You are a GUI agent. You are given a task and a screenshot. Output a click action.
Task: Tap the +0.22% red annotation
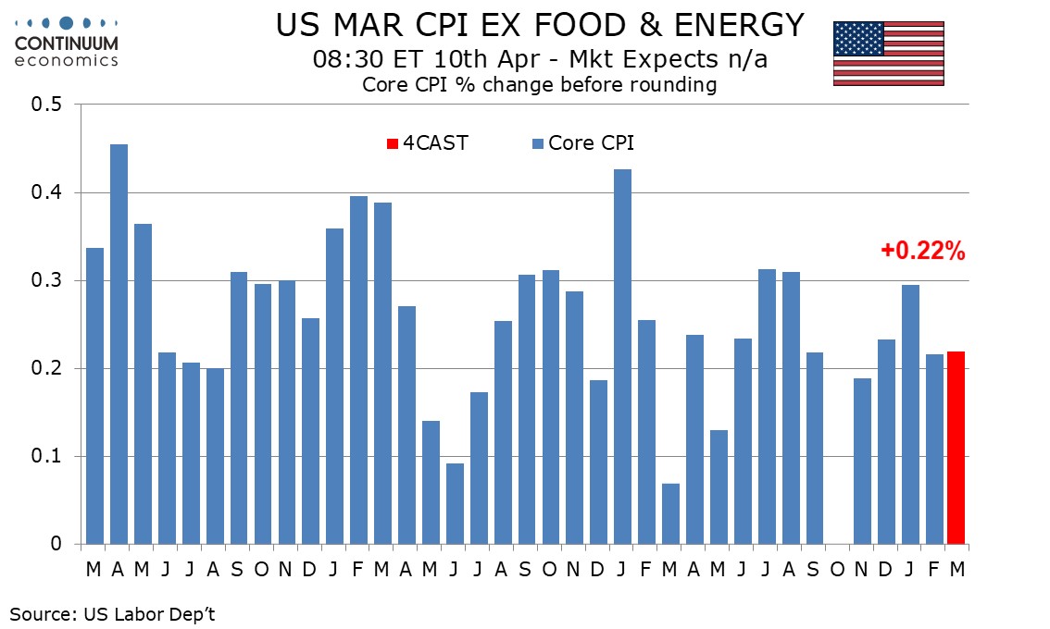pos(922,250)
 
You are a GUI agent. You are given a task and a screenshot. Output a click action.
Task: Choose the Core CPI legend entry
pos(582,143)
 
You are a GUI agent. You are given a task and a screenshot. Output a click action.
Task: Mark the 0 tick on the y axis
pos(56,545)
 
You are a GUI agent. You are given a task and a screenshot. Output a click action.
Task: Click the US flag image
pos(888,53)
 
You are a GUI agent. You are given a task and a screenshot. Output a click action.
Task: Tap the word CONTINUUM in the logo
pos(67,44)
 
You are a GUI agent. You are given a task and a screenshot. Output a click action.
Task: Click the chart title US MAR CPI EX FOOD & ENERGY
pos(540,25)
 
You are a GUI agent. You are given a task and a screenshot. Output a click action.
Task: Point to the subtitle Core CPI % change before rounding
pos(540,85)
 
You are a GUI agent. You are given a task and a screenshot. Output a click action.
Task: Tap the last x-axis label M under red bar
pos(956,569)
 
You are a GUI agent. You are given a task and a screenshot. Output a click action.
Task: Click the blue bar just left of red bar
pos(932,450)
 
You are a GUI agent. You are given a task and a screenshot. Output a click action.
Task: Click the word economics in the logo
pos(67,61)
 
